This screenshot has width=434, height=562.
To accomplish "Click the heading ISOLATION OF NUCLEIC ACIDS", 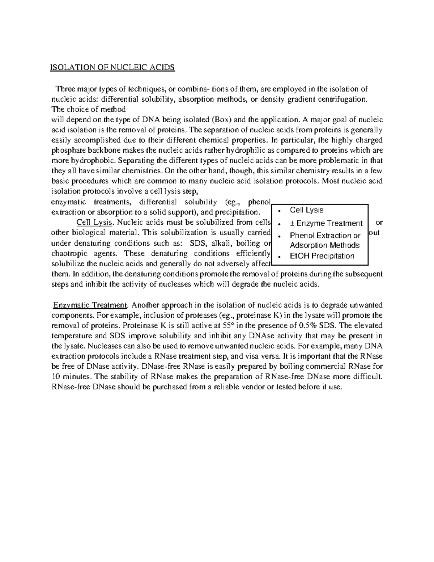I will [112, 68].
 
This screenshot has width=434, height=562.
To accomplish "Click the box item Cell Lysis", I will [307, 210].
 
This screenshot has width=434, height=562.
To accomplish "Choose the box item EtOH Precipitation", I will [322, 256].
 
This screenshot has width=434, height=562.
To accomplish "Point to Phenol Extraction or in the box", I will [325, 236].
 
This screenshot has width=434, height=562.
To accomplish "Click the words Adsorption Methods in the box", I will [325, 245].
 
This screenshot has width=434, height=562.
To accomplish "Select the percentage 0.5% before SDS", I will [312, 325].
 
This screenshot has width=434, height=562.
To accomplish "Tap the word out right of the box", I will [375, 233].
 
